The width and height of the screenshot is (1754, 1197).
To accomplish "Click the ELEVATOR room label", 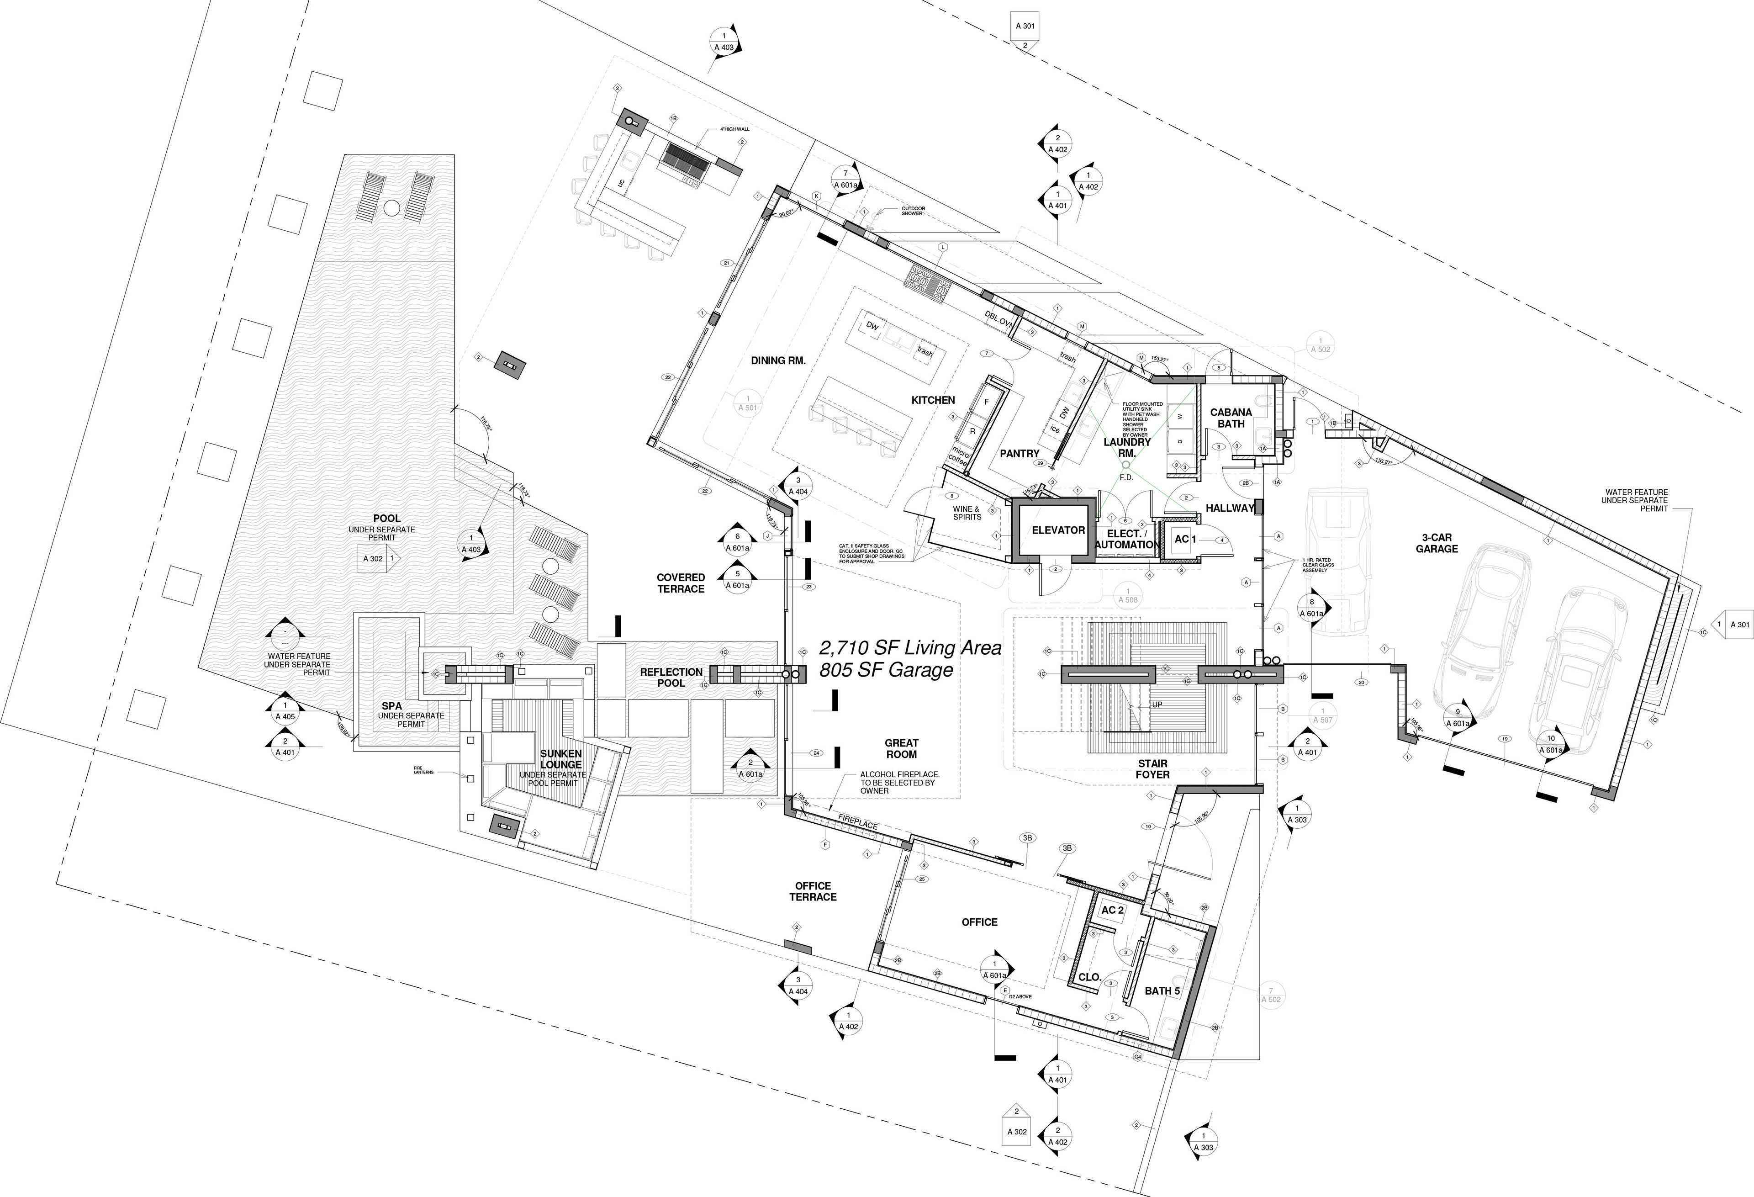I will (x=1058, y=530).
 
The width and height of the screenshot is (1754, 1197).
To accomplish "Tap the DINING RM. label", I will (x=778, y=361).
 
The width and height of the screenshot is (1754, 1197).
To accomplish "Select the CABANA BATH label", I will (x=1231, y=418).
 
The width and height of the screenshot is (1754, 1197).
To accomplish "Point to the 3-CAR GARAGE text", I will (x=1436, y=543).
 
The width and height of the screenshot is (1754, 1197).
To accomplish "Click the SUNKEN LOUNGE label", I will (x=561, y=759).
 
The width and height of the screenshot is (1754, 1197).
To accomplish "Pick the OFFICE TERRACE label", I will (x=813, y=891).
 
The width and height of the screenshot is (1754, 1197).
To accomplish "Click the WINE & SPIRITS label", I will (x=967, y=513).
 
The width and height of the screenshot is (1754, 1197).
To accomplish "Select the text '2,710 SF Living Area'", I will (x=910, y=647).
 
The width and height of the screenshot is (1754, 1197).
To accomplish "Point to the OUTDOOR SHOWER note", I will (x=913, y=212).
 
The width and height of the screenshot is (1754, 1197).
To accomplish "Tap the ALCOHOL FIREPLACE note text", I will (x=900, y=783).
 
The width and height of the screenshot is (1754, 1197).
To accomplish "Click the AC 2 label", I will (x=1113, y=910).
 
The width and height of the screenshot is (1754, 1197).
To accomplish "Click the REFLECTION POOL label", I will (x=671, y=678).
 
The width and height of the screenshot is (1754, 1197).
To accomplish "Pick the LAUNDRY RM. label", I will (x=1127, y=448).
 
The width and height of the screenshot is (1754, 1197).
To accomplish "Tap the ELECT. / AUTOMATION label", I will (x=1126, y=539).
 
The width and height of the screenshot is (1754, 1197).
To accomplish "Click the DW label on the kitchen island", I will (x=872, y=326).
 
